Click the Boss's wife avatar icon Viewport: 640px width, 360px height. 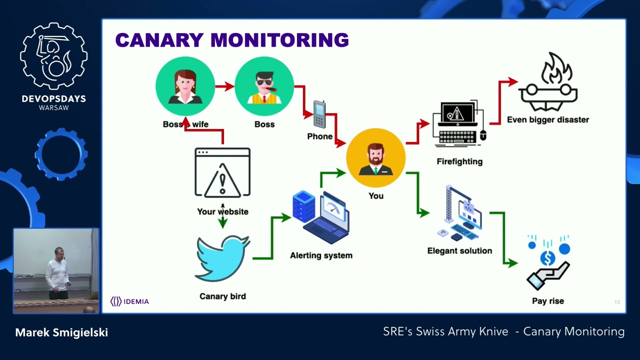click(185, 86)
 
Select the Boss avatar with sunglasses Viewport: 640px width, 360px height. click(264, 86)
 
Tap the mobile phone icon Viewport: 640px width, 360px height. click(319, 114)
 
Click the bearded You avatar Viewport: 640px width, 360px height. click(375, 157)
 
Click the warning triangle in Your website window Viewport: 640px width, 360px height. click(222, 179)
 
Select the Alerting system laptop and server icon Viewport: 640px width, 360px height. click(321, 217)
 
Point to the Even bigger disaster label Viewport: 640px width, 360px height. click(548, 120)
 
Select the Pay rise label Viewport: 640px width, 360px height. click(548, 301)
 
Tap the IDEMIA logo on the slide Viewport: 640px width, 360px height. click(129, 301)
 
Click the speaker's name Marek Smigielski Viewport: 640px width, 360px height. click(61, 332)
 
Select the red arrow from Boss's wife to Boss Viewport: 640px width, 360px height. click(224, 86)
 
